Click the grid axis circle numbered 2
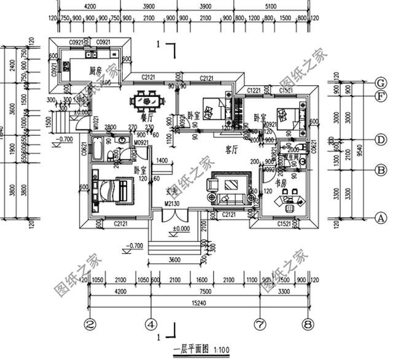pyautogui.click(x=90, y=323)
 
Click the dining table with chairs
pyautogui.click(x=147, y=99)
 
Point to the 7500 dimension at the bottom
pyautogui.click(x=201, y=292)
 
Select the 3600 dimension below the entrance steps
pyautogui.click(x=176, y=259)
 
